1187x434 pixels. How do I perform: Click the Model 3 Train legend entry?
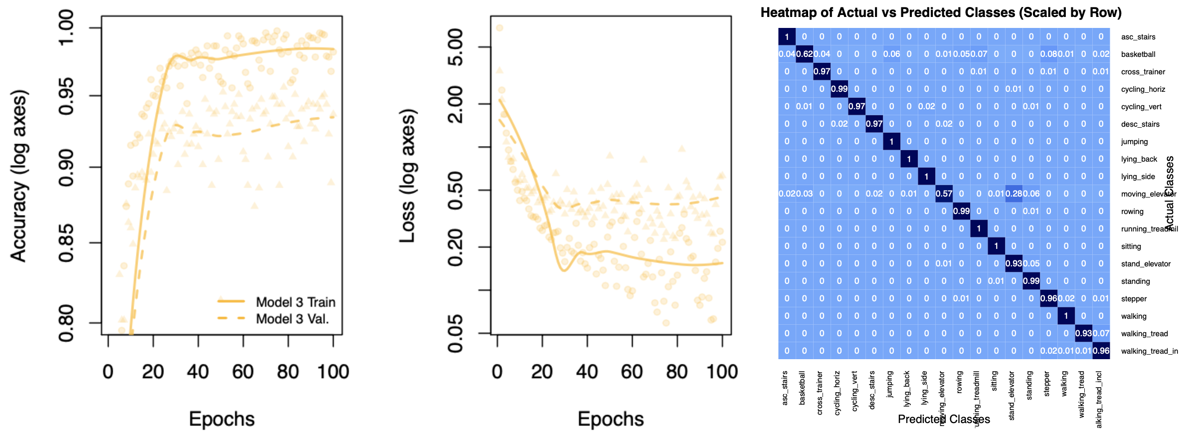[x=295, y=302]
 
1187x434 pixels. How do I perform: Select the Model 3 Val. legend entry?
[x=292, y=319]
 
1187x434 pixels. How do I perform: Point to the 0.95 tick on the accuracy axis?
[x=66, y=96]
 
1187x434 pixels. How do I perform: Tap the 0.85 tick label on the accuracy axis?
[x=66, y=243]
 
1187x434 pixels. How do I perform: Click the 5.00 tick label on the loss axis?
[x=455, y=47]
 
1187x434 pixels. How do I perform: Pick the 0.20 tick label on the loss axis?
[x=455, y=247]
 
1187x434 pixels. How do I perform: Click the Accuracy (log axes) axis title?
[x=18, y=176]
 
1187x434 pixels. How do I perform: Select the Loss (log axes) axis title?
[x=407, y=176]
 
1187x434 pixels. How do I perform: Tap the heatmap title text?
[x=941, y=12]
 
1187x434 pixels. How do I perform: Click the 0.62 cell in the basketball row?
[x=804, y=54]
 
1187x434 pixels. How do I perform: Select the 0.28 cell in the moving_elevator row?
[x=1014, y=194]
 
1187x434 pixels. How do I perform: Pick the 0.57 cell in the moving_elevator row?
[x=944, y=194]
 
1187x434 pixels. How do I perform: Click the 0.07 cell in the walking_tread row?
[x=1101, y=334]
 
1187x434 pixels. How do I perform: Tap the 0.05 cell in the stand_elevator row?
[x=1031, y=264]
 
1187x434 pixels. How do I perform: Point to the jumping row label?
[x=1134, y=142]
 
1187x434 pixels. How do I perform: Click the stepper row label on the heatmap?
[x=1134, y=299]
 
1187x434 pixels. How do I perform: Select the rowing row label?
[x=1132, y=212]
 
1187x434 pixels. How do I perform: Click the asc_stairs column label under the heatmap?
[x=785, y=388]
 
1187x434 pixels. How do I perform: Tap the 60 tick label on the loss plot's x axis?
[x=632, y=372]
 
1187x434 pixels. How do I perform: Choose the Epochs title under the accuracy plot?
[x=222, y=419]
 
